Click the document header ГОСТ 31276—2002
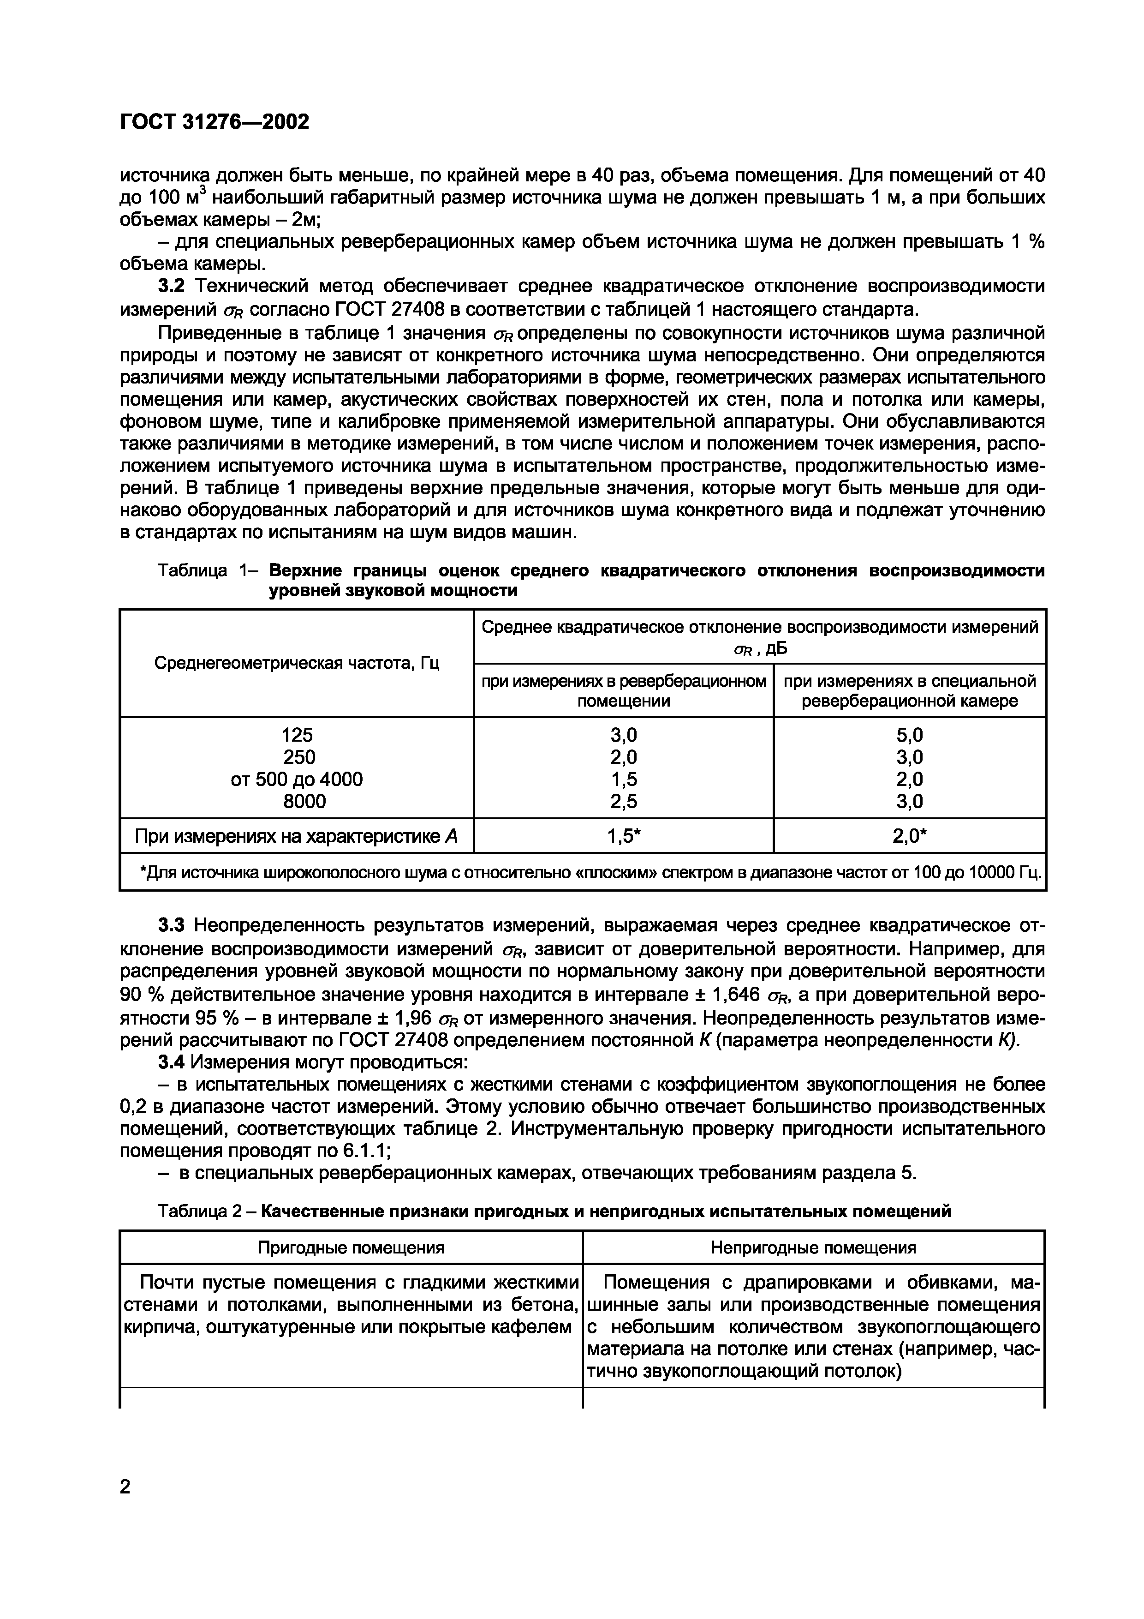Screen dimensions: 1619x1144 click(x=214, y=122)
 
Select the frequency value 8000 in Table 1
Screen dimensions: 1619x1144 click(x=297, y=801)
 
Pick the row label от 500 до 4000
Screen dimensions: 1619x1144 click(x=297, y=779)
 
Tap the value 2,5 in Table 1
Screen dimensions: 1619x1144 click(x=623, y=801)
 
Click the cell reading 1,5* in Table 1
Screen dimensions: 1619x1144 click(x=624, y=836)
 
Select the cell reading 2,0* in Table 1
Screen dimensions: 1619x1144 click(x=909, y=836)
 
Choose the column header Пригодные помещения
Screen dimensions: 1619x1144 click(x=351, y=1248)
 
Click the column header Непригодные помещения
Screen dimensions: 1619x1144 click(x=813, y=1248)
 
